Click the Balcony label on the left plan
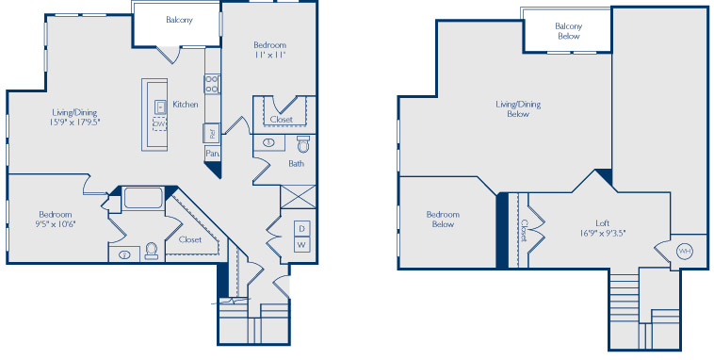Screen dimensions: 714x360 tap(179, 20)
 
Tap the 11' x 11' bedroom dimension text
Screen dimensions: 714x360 tap(269, 55)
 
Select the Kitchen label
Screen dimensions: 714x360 tap(186, 105)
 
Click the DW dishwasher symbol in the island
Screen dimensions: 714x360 tap(159, 123)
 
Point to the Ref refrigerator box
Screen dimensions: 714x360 tap(212, 133)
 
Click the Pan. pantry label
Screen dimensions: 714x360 tap(212, 154)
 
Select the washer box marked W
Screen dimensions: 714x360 tap(302, 244)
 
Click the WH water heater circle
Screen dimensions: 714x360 tap(685, 251)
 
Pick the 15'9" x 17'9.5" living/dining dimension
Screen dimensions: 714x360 tap(75, 123)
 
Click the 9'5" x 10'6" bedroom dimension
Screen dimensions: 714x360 tap(55, 223)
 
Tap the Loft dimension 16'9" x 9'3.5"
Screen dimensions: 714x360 tap(602, 233)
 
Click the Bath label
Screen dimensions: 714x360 tap(296, 163)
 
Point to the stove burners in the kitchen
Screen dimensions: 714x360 tap(212, 85)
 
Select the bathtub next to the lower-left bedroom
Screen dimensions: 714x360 tap(143, 198)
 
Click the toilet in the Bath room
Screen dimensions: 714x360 tap(303, 144)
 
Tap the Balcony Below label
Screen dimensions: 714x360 tap(569, 31)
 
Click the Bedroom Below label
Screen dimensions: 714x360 tap(443, 220)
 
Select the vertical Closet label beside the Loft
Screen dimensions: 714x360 tap(524, 231)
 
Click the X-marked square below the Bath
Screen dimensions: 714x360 tap(299, 197)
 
